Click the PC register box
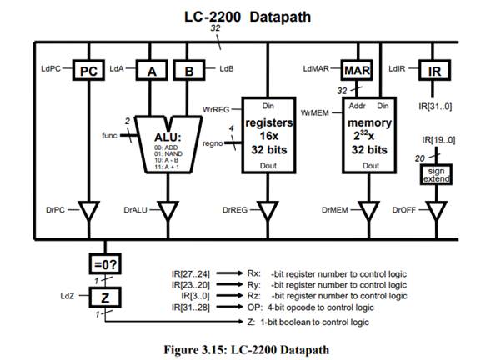(87, 72)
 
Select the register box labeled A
(152, 72)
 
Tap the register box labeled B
(189, 72)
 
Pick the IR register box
(433, 72)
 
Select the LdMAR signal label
(318, 71)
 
